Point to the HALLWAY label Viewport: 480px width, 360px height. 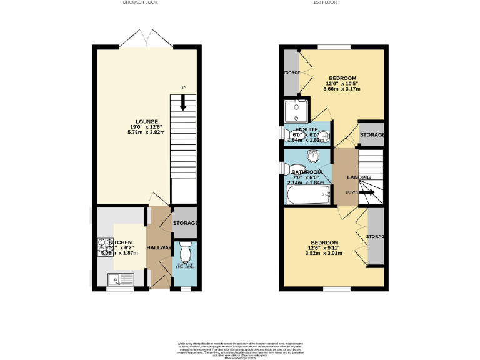tap(159, 248)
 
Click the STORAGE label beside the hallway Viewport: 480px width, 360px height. tap(185, 223)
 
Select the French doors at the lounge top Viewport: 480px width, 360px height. tap(146, 39)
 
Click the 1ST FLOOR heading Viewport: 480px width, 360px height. tap(325, 3)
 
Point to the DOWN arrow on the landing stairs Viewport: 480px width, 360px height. tap(367, 192)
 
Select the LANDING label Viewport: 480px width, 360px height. tap(359, 177)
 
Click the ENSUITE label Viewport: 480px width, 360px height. tap(306, 130)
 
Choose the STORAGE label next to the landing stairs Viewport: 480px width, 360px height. tap(371, 134)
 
